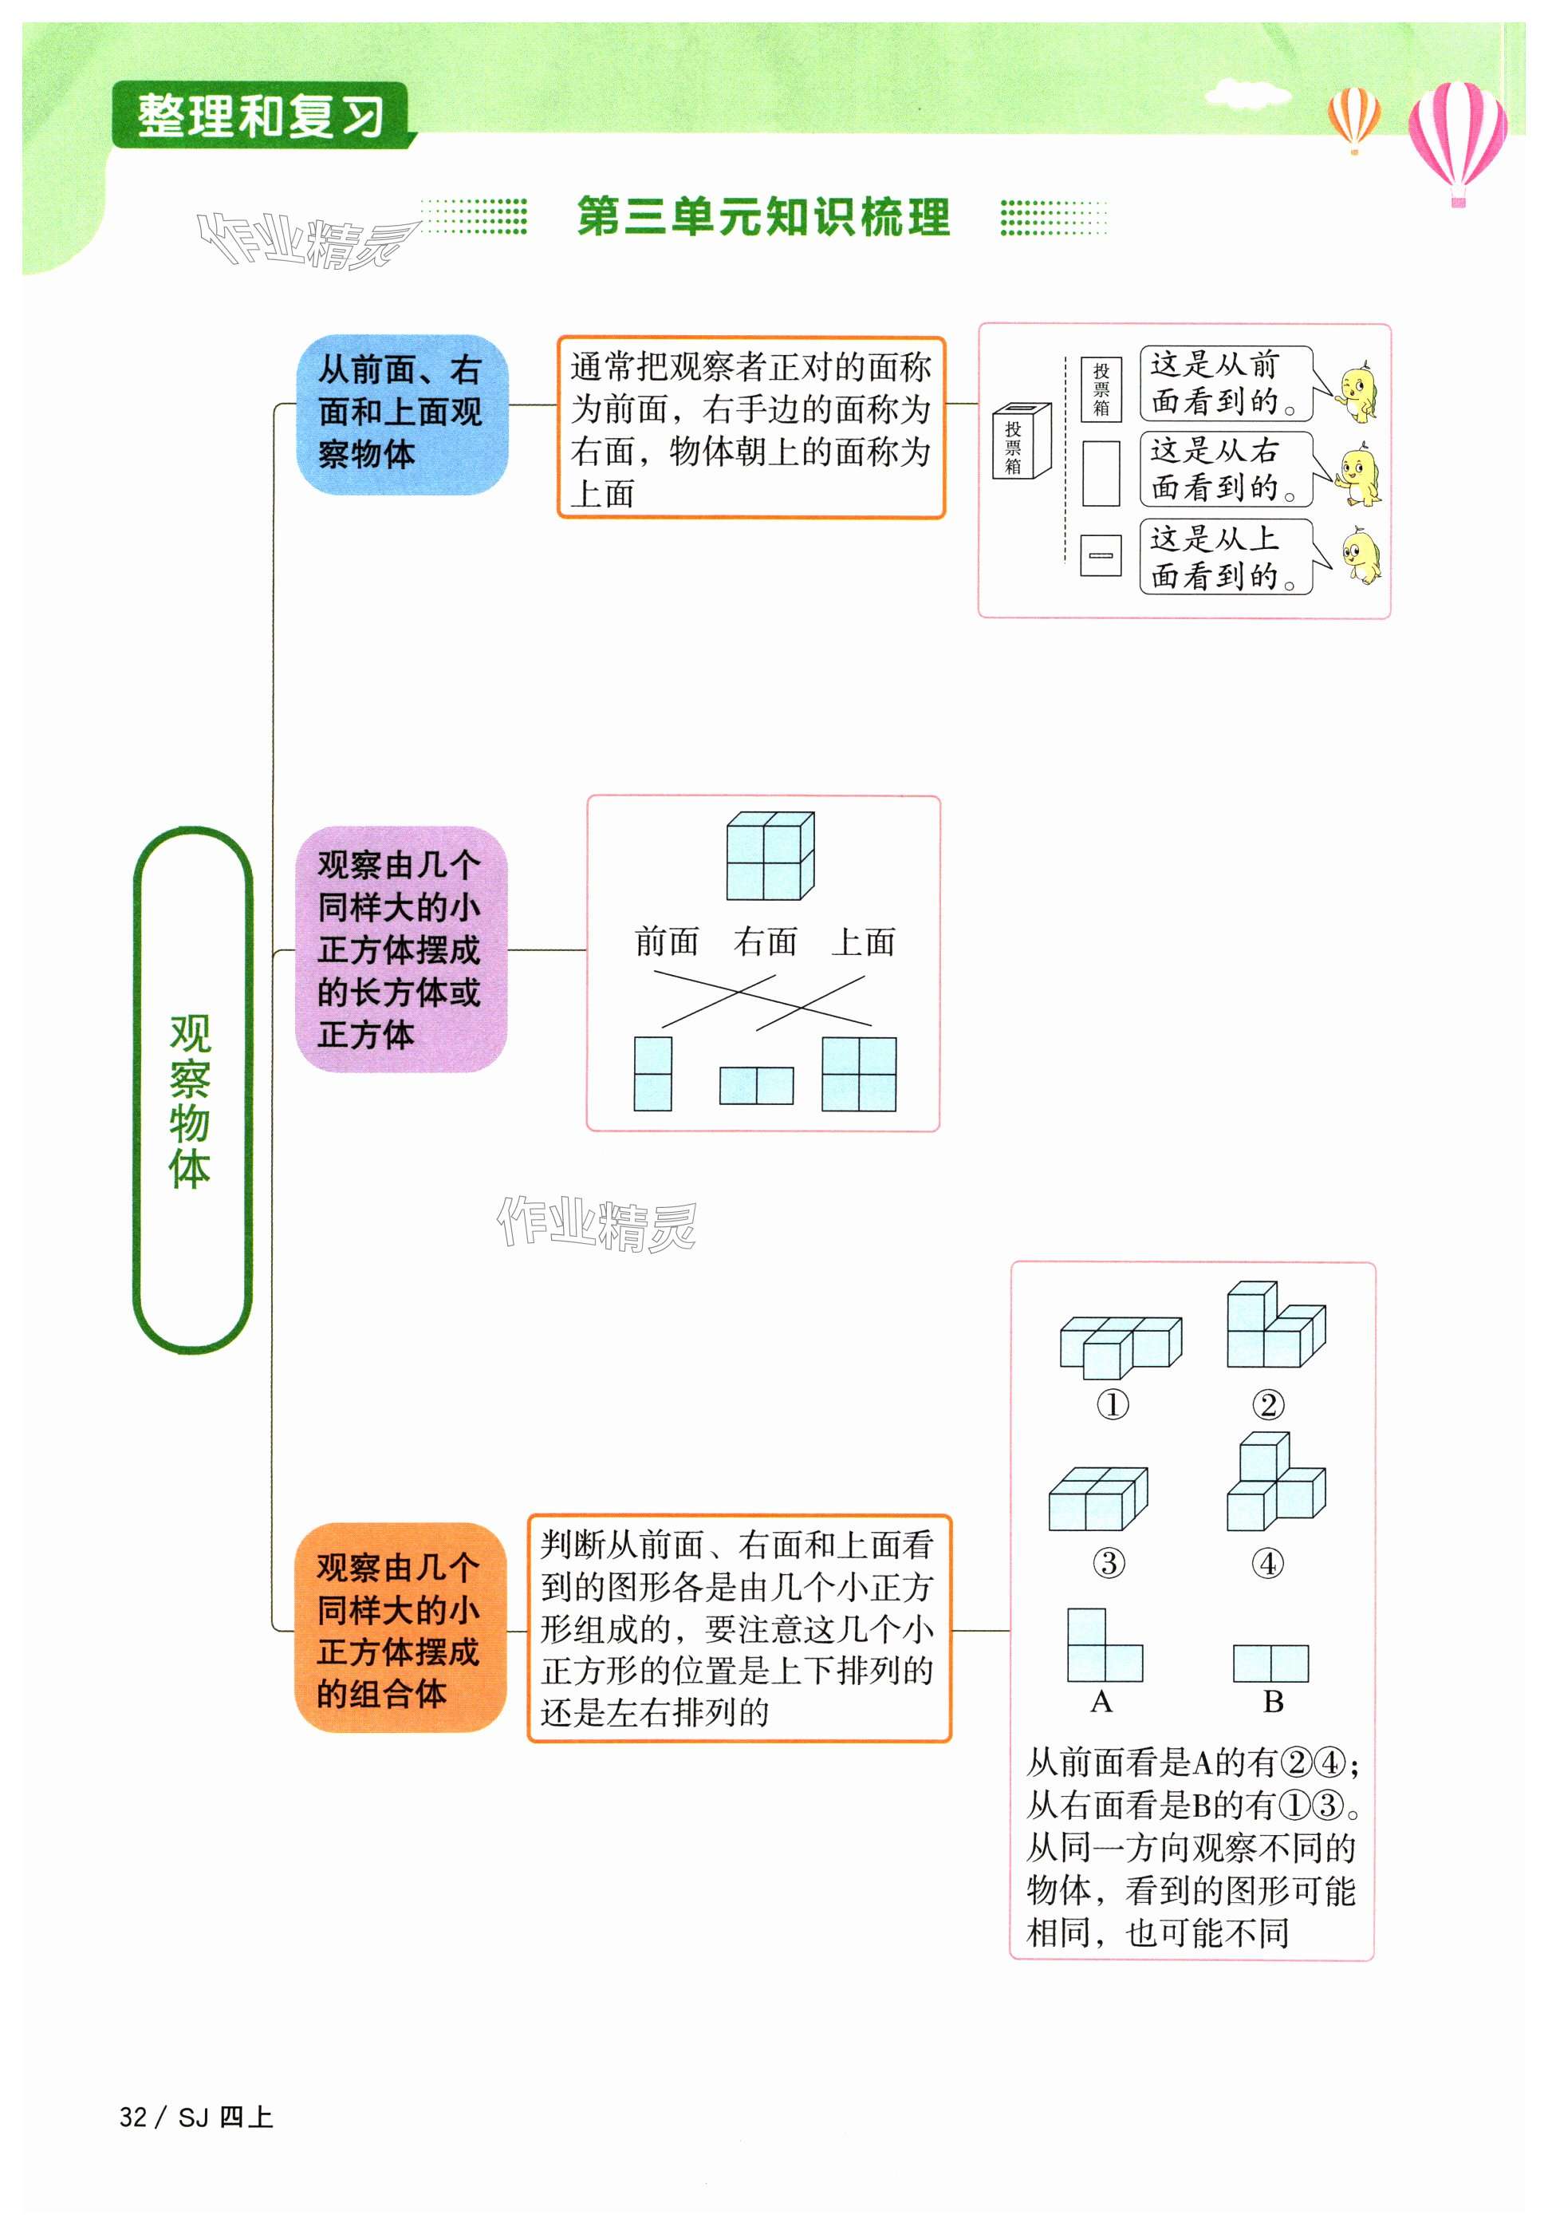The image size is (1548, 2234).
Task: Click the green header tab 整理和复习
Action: point(260,116)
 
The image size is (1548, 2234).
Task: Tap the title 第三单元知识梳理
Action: point(763,216)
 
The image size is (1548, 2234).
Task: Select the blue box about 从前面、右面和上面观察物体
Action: point(401,414)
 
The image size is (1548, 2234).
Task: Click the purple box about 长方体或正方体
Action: point(400,949)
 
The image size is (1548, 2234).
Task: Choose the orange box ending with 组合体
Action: point(400,1628)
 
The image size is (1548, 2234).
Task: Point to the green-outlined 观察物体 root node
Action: point(191,1091)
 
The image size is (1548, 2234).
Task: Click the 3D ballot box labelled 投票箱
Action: point(1020,441)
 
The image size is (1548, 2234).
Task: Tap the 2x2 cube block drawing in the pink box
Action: point(770,855)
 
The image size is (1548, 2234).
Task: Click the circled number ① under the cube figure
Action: point(1113,1404)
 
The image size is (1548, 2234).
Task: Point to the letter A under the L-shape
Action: point(1101,1703)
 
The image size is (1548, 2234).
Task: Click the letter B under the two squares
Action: point(1273,1703)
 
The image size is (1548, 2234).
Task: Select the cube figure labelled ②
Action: point(1274,1326)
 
